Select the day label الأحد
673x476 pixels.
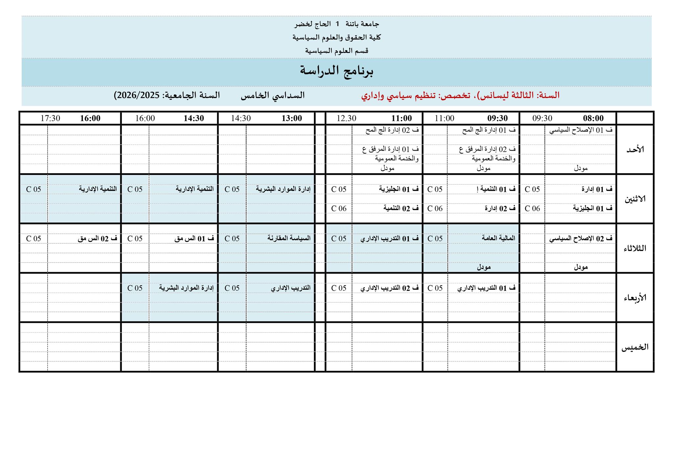tap(635, 150)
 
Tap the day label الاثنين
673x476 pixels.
tap(635, 199)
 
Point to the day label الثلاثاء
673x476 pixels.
tap(635, 249)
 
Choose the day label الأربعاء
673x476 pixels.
tap(635, 298)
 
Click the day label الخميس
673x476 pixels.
tap(635, 347)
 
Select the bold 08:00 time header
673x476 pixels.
tap(593, 118)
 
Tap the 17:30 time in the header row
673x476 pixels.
tap(50, 118)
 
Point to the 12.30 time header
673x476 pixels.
tap(346, 118)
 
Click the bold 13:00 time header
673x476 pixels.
tap(291, 118)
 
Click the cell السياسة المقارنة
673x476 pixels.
tap(289, 238)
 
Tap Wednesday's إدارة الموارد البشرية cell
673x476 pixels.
tap(186, 288)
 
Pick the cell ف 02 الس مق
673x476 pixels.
tap(98, 239)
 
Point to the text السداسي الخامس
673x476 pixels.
tap(273, 95)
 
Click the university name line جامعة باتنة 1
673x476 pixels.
tap(336, 24)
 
